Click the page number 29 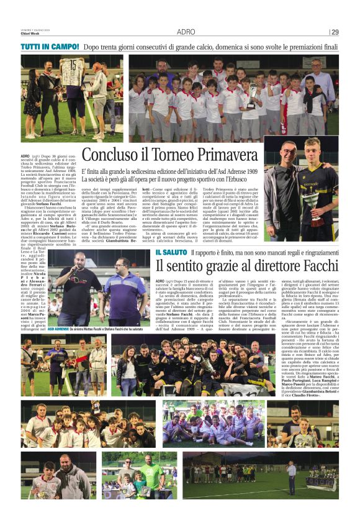[335, 32]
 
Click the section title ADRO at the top [186, 32]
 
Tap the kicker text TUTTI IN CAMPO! [50, 47]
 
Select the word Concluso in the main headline [109, 154]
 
